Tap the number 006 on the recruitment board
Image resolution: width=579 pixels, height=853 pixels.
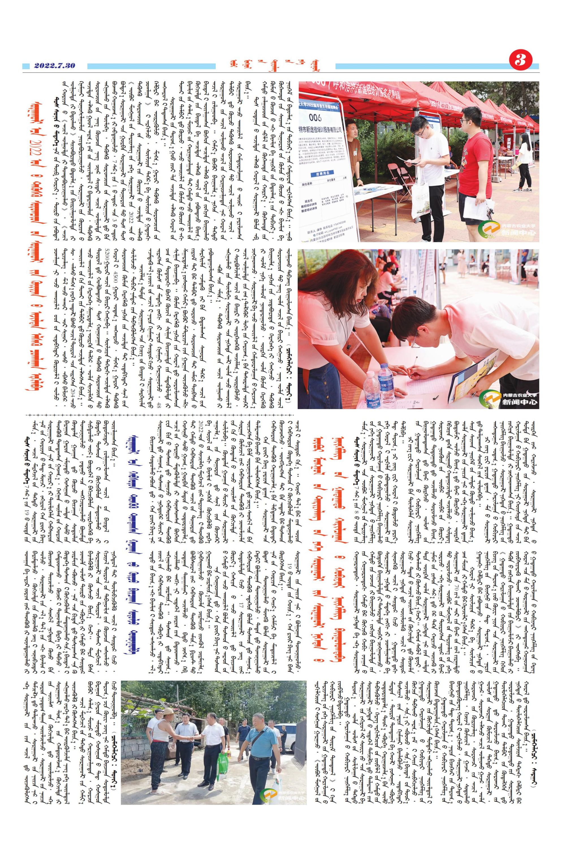click(x=315, y=118)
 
